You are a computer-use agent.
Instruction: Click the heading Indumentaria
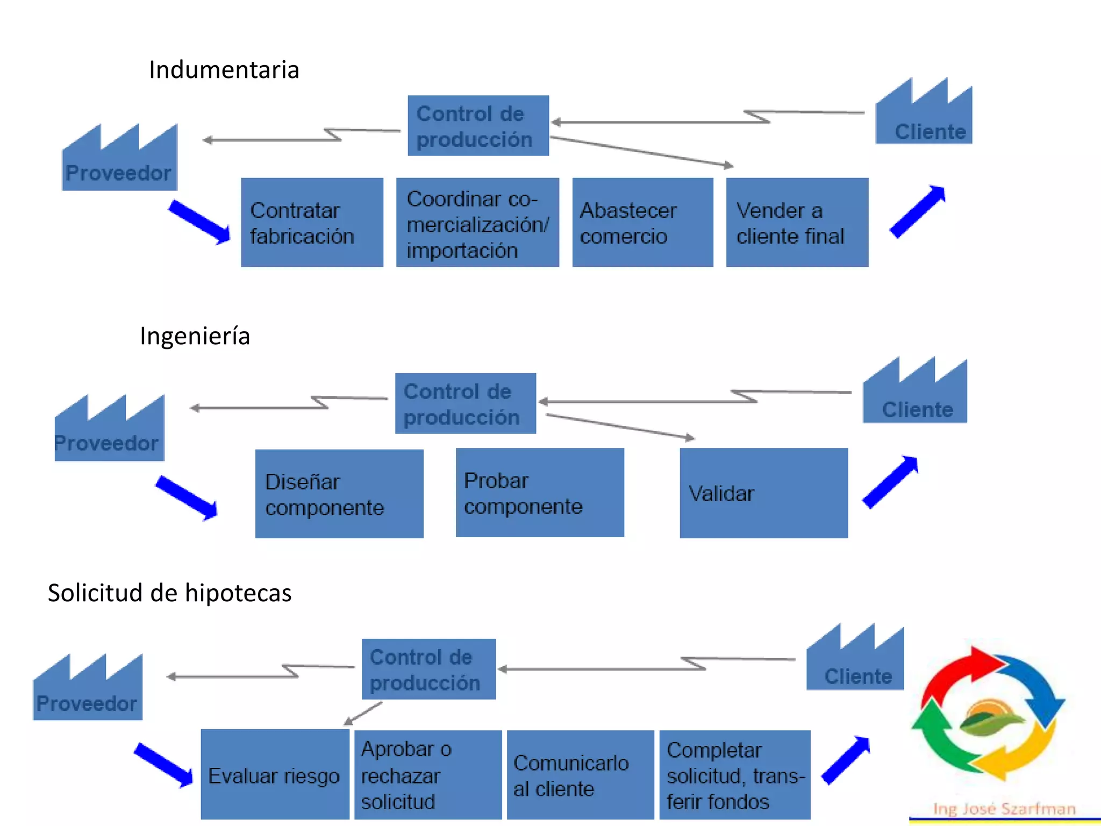[224, 70]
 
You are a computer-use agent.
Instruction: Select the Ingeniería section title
[195, 336]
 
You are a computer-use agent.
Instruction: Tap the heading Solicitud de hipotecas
[169, 593]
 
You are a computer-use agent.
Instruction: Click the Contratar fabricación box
[312, 223]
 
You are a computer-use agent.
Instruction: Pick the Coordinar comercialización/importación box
[477, 223]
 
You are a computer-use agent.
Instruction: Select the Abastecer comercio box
[642, 223]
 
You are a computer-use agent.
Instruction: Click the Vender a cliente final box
[797, 223]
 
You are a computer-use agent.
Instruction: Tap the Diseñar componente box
[339, 494]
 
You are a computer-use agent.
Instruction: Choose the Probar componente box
[540, 493]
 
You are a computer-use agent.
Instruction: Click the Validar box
[763, 493]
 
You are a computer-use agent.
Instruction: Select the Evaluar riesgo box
[275, 774]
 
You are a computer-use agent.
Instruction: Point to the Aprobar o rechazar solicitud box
[428, 774]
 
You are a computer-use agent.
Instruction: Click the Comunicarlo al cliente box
[580, 774]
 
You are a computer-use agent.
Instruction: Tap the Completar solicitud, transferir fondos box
[734, 774]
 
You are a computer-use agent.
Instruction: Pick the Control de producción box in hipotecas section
[428, 669]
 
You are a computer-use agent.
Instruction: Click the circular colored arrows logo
[988, 715]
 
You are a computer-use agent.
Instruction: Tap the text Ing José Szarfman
[1004, 809]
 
